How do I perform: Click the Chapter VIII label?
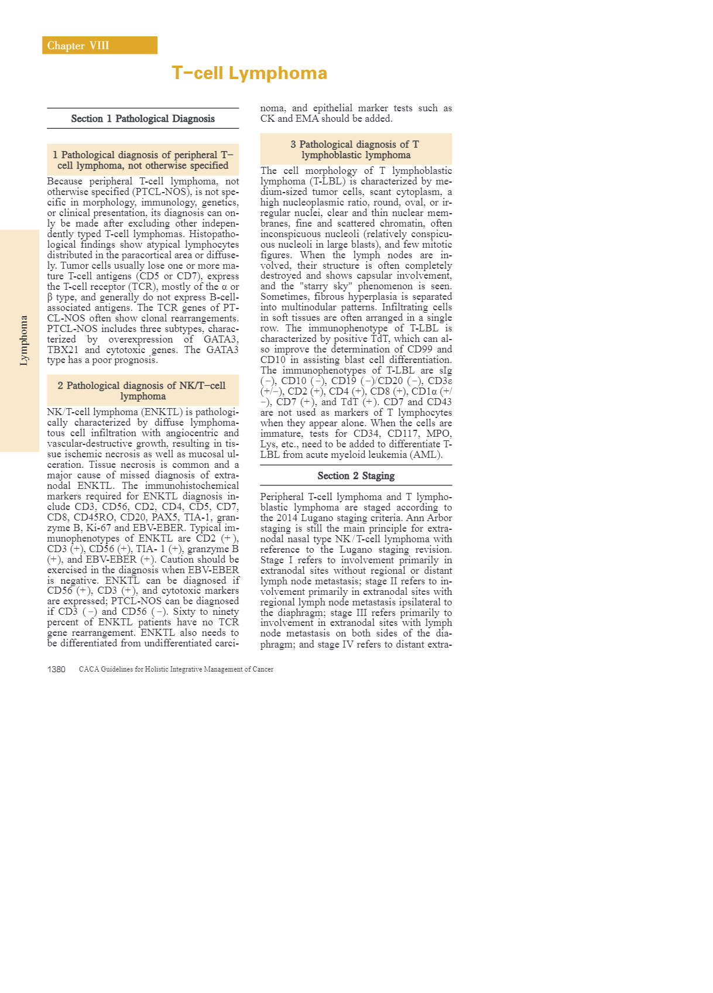(78, 46)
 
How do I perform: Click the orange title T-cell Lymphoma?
(249, 73)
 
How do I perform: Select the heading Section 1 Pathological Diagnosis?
(143, 119)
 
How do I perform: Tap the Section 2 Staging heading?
(356, 476)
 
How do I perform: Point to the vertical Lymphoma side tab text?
(24, 340)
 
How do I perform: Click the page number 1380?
(57, 669)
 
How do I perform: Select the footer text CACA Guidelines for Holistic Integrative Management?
(176, 669)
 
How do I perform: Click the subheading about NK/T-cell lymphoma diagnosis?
(142, 391)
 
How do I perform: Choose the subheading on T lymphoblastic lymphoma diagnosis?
(355, 150)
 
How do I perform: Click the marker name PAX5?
(163, 518)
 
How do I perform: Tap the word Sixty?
(184, 612)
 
